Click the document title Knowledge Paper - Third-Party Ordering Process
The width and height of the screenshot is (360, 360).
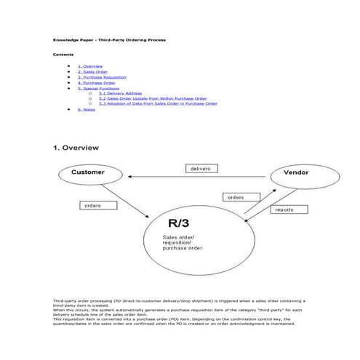109,39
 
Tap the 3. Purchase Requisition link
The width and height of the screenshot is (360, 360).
102,77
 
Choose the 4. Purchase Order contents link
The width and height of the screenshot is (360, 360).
96,83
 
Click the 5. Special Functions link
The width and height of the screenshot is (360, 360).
97,88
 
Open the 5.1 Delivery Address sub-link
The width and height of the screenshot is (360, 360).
120,93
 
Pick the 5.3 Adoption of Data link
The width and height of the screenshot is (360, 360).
157,103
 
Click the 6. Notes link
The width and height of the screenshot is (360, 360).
86,109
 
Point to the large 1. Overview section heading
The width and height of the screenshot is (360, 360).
76,148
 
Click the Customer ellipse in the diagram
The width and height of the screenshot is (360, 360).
87,173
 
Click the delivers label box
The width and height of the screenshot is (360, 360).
200,168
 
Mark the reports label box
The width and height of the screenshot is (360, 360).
284,209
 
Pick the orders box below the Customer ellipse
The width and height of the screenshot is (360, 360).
92,206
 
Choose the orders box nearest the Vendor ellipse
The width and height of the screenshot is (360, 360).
236,197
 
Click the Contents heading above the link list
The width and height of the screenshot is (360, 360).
63,55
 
